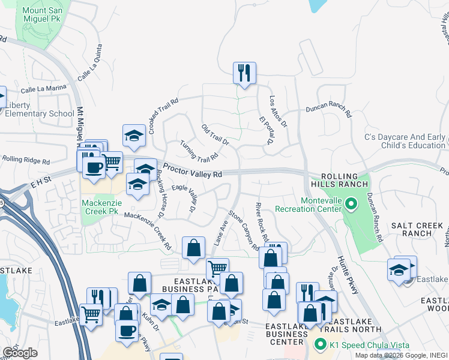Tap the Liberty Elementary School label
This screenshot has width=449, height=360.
(x=40, y=109)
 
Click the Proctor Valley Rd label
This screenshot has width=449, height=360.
(x=192, y=173)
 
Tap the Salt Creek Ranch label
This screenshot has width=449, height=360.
(x=417, y=229)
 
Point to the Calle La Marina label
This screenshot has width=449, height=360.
(x=43, y=89)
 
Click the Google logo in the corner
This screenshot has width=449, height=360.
(x=20, y=353)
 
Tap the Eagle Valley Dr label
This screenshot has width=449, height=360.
(x=185, y=197)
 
